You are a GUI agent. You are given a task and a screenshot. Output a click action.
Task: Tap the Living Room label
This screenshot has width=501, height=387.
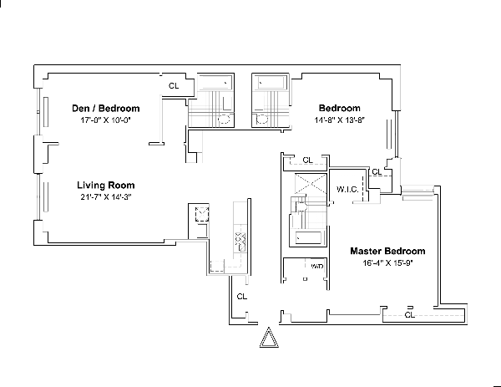tap(106, 185)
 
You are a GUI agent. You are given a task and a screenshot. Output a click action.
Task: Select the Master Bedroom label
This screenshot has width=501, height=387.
tap(387, 251)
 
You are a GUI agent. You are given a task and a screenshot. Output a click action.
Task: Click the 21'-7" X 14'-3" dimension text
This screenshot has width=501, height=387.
tap(106, 197)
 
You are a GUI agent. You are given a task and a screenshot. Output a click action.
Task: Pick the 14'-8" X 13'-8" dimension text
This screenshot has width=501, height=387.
tap(340, 120)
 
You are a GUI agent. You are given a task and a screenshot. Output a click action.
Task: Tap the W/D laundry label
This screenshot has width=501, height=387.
tap(316, 267)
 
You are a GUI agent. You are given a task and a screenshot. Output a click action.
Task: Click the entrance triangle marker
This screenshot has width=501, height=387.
tap(268, 339)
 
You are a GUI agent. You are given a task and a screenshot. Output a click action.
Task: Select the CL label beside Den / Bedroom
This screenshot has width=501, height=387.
tap(174, 85)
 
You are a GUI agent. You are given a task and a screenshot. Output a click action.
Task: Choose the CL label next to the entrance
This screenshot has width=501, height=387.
tap(241, 296)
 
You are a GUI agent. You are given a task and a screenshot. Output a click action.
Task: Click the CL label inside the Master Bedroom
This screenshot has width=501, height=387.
tap(409, 315)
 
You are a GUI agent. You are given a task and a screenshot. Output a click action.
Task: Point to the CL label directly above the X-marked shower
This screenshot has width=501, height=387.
tap(306, 160)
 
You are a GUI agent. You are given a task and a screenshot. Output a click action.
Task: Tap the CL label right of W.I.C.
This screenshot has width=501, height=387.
tap(377, 172)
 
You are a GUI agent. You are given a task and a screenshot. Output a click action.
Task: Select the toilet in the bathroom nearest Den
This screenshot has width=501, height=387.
tap(224, 120)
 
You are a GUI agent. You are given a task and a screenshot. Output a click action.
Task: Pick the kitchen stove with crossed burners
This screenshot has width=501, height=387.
tap(240, 242)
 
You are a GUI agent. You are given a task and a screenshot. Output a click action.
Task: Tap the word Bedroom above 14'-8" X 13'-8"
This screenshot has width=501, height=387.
tap(340, 109)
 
